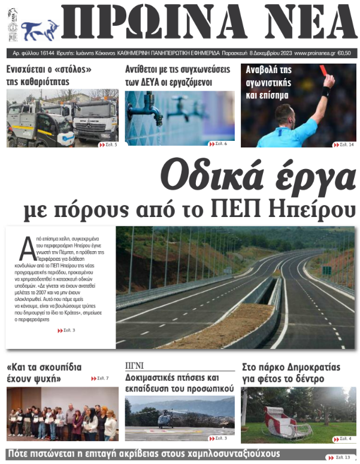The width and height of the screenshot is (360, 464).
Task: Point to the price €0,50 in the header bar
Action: pyautogui.click(x=346, y=53)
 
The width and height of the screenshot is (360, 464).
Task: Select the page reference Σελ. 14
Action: pyautogui.click(x=344, y=144)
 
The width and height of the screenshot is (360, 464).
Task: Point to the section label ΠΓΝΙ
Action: pyautogui.click(x=135, y=365)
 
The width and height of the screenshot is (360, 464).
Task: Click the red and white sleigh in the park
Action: pyautogui.click(x=286, y=423)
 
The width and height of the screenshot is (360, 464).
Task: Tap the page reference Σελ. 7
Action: pyautogui.click(x=100, y=378)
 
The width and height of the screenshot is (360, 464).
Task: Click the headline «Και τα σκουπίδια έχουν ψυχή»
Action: pyautogui.click(x=44, y=373)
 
